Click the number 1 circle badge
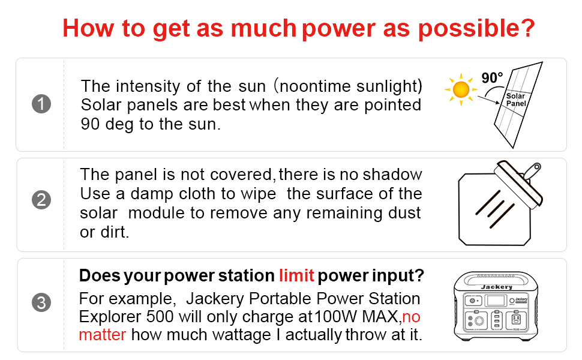pyautogui.click(x=41, y=104)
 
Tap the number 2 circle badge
pyautogui.click(x=41, y=200)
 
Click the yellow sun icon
pyautogui.click(x=461, y=89)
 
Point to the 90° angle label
pyautogui.click(x=492, y=79)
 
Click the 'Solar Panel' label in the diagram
pyautogui.click(x=515, y=100)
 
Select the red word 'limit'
pyautogui.click(x=296, y=276)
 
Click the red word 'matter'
pyautogui.click(x=103, y=334)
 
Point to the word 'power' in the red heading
pyautogui.click(x=339, y=28)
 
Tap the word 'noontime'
pyautogui.click(x=314, y=86)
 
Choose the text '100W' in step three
pyautogui.click(x=332, y=316)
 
